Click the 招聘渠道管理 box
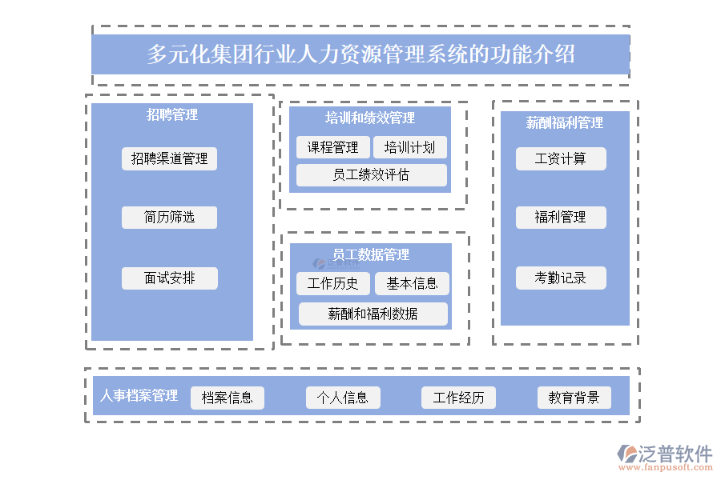pyautogui.click(x=169, y=158)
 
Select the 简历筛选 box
pyautogui.click(x=169, y=217)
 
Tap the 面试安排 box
pyautogui.click(x=169, y=278)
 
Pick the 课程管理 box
pyautogui.click(x=333, y=147)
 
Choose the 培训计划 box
pyautogui.click(x=409, y=147)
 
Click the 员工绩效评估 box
pyautogui.click(x=371, y=175)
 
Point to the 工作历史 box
pyautogui.click(x=333, y=283)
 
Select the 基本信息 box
pyautogui.click(x=412, y=283)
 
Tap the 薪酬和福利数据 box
pyautogui.click(x=373, y=314)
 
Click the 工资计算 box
pyautogui.click(x=561, y=158)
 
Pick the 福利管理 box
pyautogui.click(x=561, y=217)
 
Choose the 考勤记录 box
pyautogui.click(x=561, y=278)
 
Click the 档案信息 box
pyautogui.click(x=227, y=398)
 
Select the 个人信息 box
pyautogui.click(x=343, y=398)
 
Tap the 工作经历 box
pyautogui.click(x=458, y=398)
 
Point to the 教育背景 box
pyautogui.click(x=574, y=398)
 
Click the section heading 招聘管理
pyautogui.click(x=171, y=114)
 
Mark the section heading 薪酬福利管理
pyautogui.click(x=564, y=122)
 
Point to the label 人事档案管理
pyautogui.click(x=139, y=396)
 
